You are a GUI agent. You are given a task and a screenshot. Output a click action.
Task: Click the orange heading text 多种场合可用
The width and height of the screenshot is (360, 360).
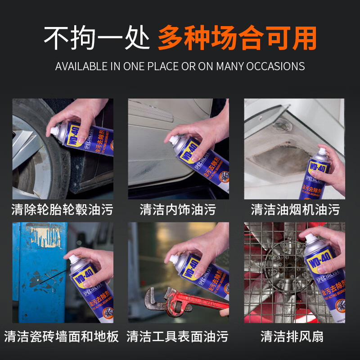click(x=237, y=38)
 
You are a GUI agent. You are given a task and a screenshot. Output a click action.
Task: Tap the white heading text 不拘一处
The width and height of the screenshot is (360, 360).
click(x=96, y=38)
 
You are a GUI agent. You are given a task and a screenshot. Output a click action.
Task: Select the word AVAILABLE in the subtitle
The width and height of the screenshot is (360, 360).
click(x=81, y=66)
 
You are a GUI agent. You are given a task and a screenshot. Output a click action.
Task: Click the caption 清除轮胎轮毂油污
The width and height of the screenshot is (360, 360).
click(x=62, y=209)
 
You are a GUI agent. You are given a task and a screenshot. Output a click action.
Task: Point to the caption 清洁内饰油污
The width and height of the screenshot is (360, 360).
click(x=178, y=209)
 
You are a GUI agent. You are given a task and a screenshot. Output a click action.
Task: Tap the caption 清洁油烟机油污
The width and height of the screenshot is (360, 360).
click(x=295, y=209)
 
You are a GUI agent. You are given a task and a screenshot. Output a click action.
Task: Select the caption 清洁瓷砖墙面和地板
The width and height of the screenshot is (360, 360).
click(x=62, y=336)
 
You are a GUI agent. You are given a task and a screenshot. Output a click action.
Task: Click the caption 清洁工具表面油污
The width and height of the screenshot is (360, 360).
click(x=178, y=336)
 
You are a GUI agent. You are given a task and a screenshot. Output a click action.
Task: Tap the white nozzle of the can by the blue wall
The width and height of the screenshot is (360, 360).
click(x=70, y=258)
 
